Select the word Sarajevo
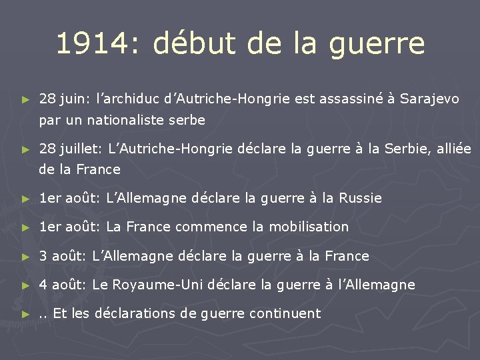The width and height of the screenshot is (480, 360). tap(430, 99)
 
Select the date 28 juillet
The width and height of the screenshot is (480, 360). tap(66, 147)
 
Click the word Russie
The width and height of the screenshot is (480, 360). tap(361, 198)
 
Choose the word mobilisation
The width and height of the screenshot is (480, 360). tap(307, 227)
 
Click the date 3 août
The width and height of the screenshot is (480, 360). tap(62, 256)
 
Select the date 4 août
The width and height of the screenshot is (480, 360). tap(62, 285)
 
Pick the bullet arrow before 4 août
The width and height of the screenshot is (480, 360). tap(25, 285)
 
